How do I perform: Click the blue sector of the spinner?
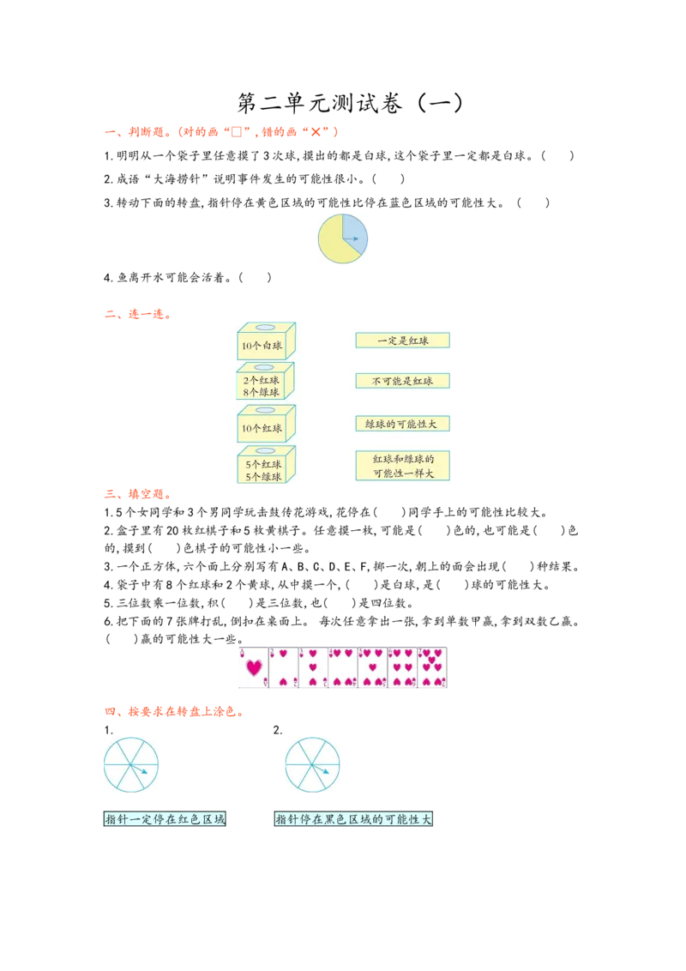coord(354,229)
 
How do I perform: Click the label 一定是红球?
coord(402,341)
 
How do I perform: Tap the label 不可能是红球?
coord(402,381)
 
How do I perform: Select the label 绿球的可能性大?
coord(402,424)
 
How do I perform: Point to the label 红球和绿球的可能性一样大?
coord(402,466)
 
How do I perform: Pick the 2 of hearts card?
coord(284,668)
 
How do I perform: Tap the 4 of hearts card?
coord(343,668)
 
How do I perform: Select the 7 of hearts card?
coord(432,668)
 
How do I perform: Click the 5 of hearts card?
coord(372,668)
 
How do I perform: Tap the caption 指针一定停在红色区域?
coord(165,820)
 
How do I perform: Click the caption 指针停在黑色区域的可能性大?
coord(354,820)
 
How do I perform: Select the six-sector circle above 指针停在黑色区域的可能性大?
coord(311,764)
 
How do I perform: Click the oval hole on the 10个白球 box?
coord(266,328)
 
